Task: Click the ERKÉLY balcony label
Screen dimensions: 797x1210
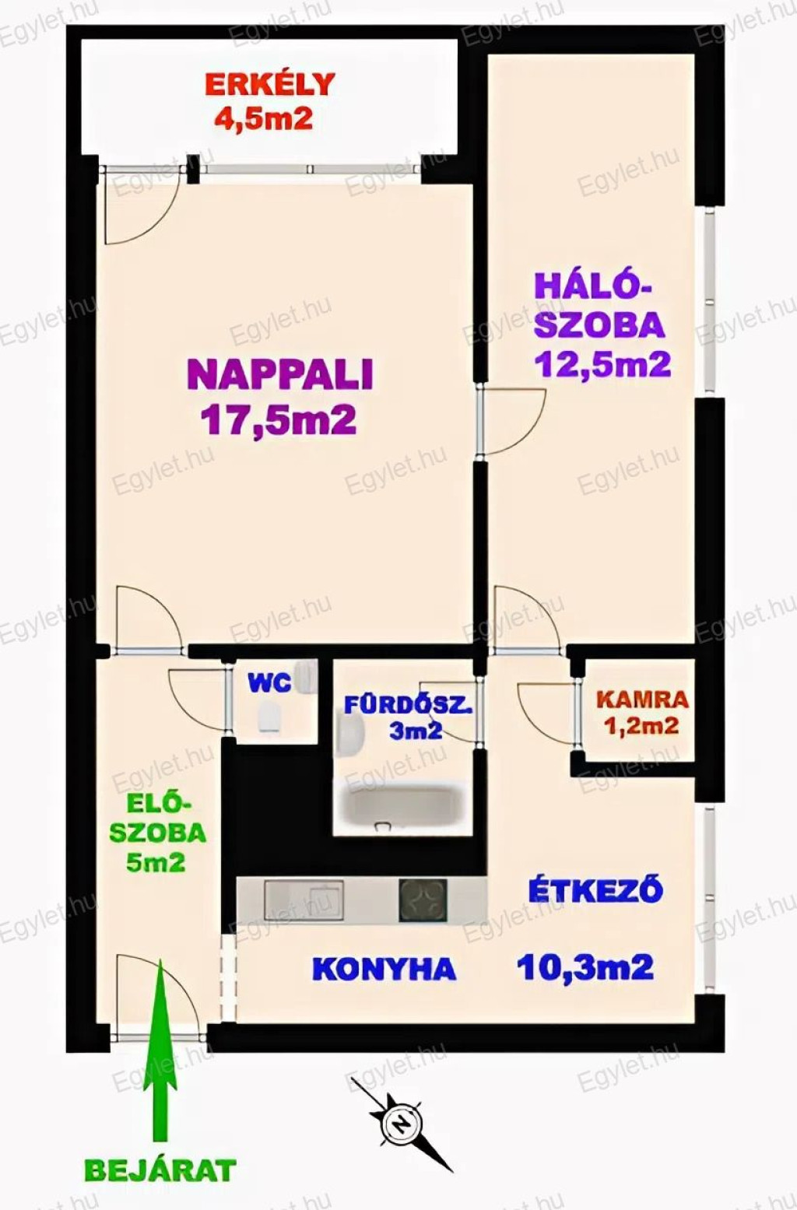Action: pyautogui.click(x=270, y=84)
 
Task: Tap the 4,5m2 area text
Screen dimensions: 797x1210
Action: pyautogui.click(x=264, y=117)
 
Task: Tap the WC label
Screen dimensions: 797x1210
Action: pyautogui.click(x=269, y=684)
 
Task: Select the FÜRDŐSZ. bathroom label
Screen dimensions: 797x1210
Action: pyautogui.click(x=409, y=706)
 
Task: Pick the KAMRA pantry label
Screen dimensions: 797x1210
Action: pyautogui.click(x=642, y=700)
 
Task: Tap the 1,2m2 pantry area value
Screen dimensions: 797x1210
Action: pyautogui.click(x=643, y=726)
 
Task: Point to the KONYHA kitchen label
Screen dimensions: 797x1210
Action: pyautogui.click(x=384, y=969)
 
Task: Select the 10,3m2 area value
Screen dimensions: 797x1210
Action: pyautogui.click(x=585, y=966)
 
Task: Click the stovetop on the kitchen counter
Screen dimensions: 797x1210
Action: pyautogui.click(x=423, y=900)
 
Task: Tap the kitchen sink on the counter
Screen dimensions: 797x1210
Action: pyautogui.click(x=304, y=900)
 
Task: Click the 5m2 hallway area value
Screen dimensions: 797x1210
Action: pyautogui.click(x=155, y=861)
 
